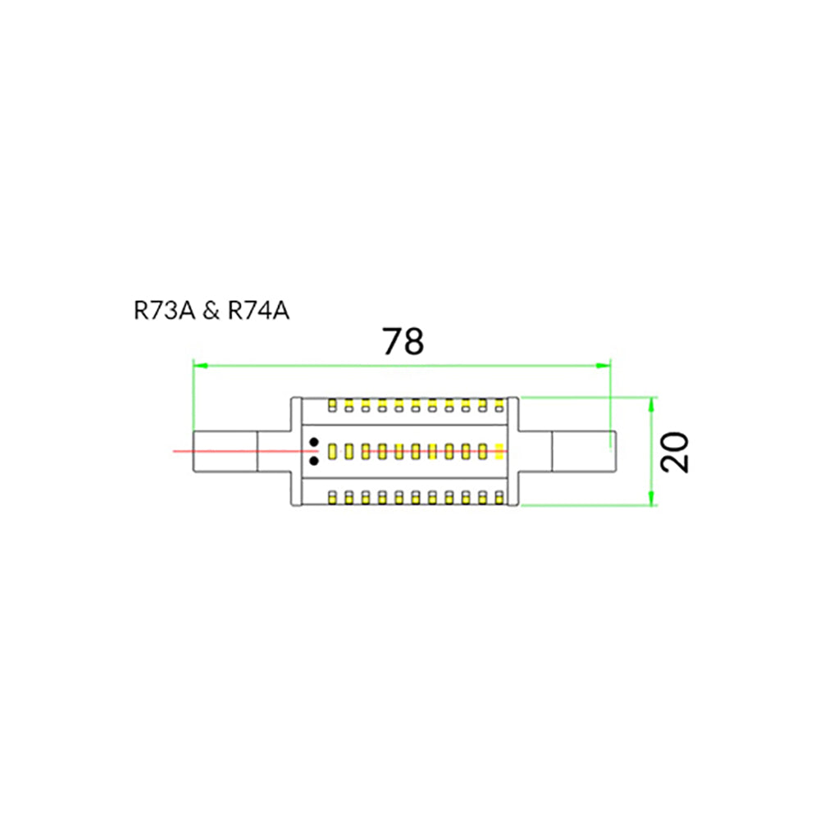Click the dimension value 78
(403, 341)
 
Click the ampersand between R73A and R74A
(211, 312)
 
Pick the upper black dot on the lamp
(314, 443)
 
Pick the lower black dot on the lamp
(314, 461)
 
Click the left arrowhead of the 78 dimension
(198, 363)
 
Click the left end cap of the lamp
(225, 451)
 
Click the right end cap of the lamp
(582, 451)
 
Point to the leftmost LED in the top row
(332, 405)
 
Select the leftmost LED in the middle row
(332, 451)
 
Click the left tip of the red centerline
(175, 451)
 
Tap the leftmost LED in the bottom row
(332, 497)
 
